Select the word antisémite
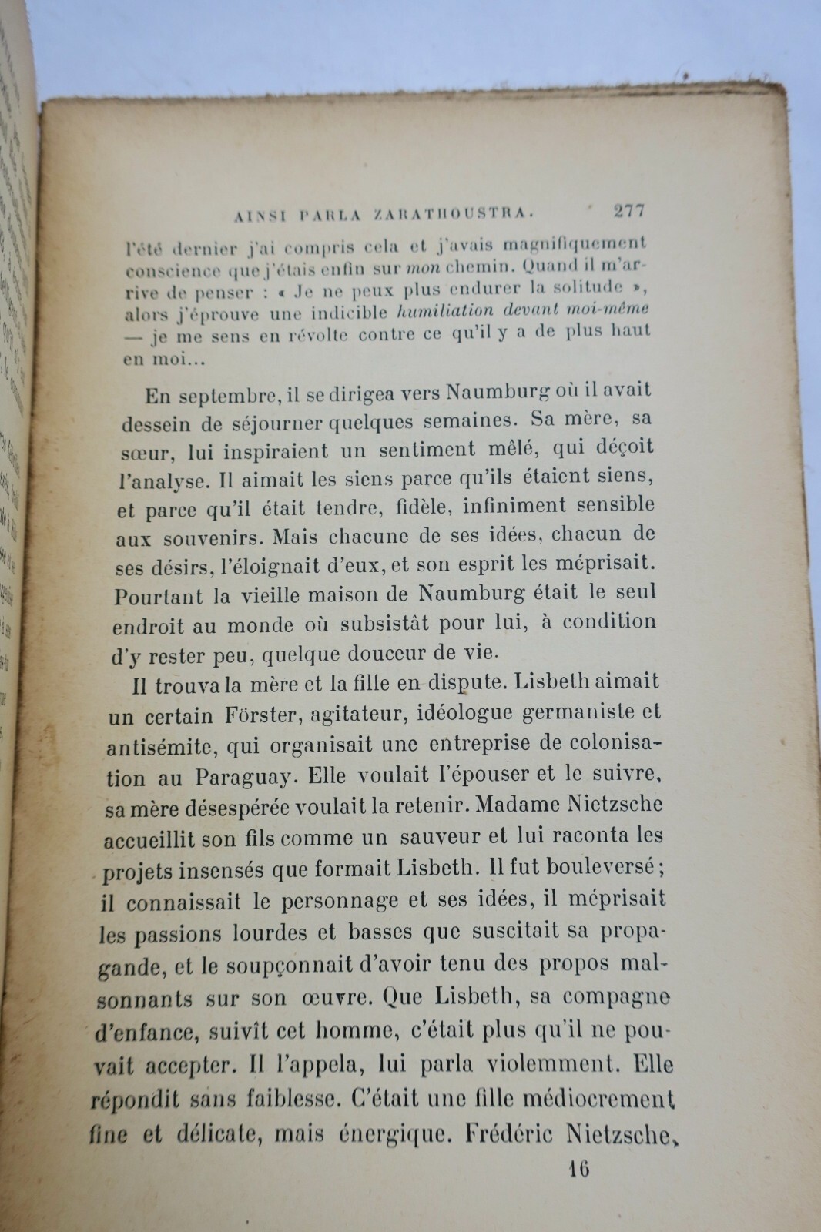[158, 746]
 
